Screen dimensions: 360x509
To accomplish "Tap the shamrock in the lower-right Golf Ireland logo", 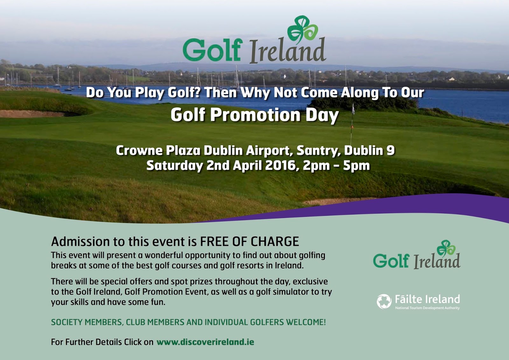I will (x=446, y=248).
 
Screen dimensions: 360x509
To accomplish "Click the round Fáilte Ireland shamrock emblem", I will (x=384, y=301).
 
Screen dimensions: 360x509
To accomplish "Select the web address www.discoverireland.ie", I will (x=205, y=342).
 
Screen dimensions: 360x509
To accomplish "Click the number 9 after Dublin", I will (x=391, y=150).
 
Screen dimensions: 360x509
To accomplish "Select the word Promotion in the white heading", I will (x=255, y=115).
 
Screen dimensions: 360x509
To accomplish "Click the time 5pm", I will (x=356, y=166).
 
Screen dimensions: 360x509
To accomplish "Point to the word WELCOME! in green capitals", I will (x=306, y=322).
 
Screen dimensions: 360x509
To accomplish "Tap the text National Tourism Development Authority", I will (x=427, y=308).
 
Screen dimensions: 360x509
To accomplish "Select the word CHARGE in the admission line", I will (x=275, y=242).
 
